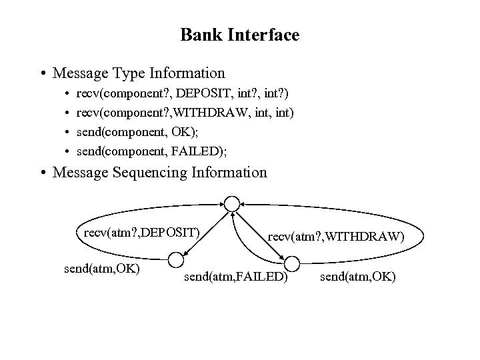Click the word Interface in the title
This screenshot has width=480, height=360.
(264, 35)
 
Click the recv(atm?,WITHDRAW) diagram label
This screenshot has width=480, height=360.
(335, 235)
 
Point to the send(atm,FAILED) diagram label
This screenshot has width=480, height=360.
(235, 275)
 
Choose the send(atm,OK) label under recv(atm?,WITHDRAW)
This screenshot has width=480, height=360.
(358, 275)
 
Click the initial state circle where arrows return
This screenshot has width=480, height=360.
(231, 201)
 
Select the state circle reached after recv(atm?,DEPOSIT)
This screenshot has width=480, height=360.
(176, 259)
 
